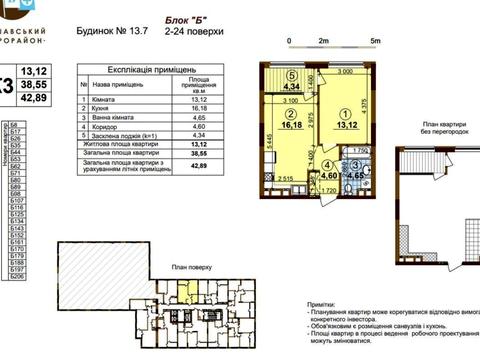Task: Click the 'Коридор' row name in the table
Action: click(x=103, y=133)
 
